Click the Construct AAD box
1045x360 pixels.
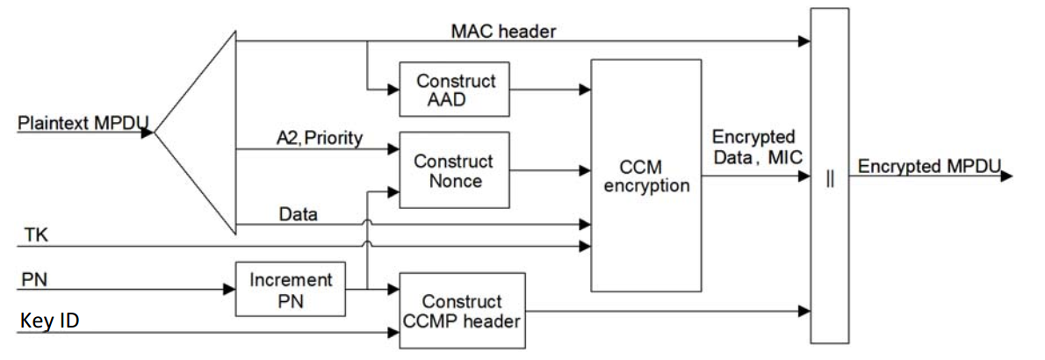(455, 90)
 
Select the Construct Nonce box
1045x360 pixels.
(454, 171)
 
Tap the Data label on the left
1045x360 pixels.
(297, 213)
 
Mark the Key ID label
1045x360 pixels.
(48, 321)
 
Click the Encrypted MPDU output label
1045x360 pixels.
(929, 167)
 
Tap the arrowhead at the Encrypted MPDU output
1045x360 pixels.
(1006, 177)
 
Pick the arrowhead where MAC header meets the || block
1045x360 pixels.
(803, 40)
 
